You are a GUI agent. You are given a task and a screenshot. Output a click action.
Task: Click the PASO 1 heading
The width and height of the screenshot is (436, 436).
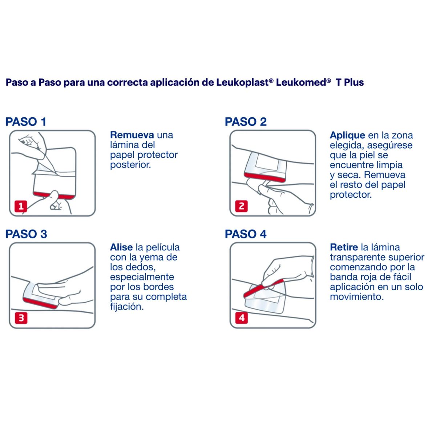(x=26, y=122)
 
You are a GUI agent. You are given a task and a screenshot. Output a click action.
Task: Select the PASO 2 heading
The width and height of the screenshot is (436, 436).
(x=246, y=122)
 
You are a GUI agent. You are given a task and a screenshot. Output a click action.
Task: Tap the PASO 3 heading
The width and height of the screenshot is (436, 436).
(x=26, y=234)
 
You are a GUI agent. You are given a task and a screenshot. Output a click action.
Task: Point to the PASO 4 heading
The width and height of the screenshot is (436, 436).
(x=246, y=234)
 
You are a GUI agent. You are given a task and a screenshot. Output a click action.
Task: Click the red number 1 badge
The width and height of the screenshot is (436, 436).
(x=21, y=206)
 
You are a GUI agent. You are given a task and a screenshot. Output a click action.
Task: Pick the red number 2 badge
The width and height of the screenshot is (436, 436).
(x=242, y=206)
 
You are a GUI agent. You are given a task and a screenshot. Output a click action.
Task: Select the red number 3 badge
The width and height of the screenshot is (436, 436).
(x=21, y=318)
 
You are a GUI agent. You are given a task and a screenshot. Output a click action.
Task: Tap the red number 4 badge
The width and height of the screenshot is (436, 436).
(x=242, y=318)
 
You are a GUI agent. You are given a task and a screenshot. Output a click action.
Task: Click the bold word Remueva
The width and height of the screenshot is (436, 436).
(x=132, y=135)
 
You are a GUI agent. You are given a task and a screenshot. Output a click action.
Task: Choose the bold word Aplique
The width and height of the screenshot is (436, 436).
(x=347, y=136)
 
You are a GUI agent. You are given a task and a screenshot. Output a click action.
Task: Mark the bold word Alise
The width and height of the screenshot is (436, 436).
(x=121, y=247)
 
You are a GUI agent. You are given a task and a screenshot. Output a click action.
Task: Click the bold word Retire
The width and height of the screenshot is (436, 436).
(x=344, y=247)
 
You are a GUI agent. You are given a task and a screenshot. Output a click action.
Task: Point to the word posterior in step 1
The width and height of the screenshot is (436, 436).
(x=130, y=165)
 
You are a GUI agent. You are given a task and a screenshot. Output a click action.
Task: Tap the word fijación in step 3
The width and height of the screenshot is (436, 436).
(x=126, y=307)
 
